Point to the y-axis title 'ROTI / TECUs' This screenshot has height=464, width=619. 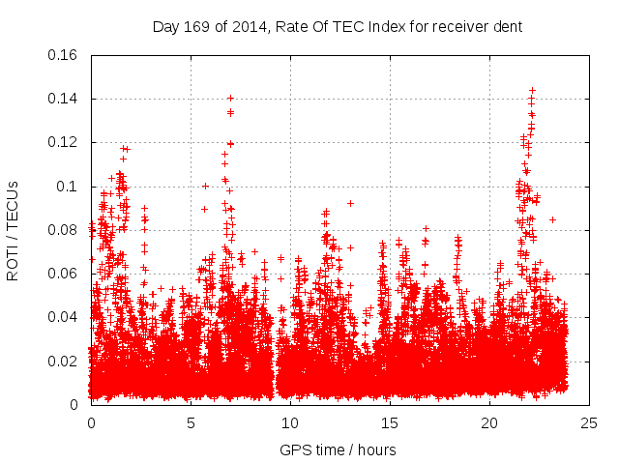13,229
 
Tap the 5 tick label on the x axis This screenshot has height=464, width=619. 191,423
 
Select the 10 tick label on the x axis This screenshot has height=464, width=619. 290,423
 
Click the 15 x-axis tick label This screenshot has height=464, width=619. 390,423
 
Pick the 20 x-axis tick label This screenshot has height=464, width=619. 489,423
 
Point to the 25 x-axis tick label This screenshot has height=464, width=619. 589,423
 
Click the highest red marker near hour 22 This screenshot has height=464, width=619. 532,91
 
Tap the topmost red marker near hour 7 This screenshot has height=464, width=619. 230,98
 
